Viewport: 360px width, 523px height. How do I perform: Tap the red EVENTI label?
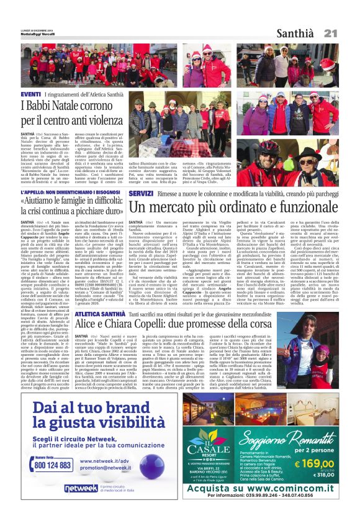pyautogui.click(x=31, y=94)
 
